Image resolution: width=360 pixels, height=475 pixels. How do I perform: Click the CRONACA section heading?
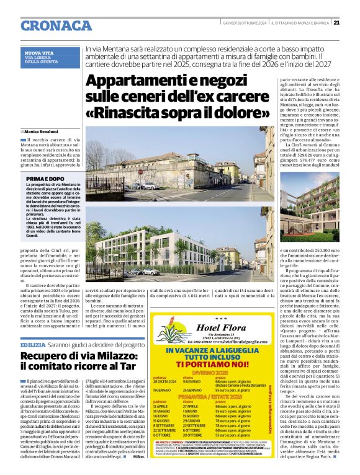pyautogui.click(x=56, y=25)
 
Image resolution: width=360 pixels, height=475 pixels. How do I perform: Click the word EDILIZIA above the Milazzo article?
pyautogui.click(x=32, y=344)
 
